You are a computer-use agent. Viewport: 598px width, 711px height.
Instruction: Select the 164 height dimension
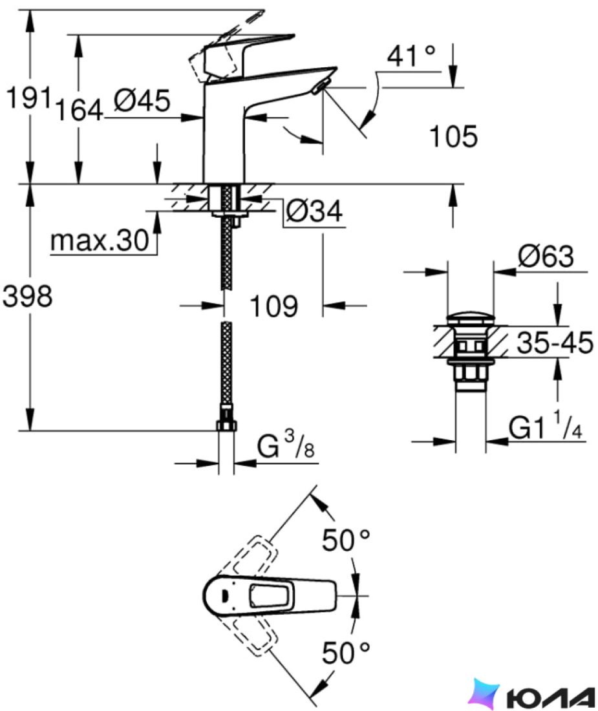pyautogui.click(x=79, y=110)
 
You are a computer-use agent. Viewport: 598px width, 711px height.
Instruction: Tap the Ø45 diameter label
pyautogui.click(x=142, y=101)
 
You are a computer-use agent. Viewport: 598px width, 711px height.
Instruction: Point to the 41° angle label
pyautogui.click(x=411, y=56)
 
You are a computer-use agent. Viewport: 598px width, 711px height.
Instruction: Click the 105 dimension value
pyautogui.click(x=453, y=136)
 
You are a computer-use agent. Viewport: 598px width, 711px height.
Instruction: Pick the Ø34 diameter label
pyautogui.click(x=314, y=211)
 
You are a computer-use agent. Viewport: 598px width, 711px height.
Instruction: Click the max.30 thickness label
pyautogui.click(x=100, y=241)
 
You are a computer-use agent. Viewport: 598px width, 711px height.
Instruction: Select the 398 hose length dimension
pyautogui.click(x=28, y=297)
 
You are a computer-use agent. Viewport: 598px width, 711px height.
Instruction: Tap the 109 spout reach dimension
pyautogui.click(x=274, y=306)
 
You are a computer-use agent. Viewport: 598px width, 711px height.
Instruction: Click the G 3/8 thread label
pyautogui.click(x=286, y=445)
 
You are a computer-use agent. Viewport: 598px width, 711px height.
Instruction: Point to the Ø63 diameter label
pyautogui.click(x=546, y=256)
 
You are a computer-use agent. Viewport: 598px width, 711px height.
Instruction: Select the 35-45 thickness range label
pyautogui.click(x=555, y=343)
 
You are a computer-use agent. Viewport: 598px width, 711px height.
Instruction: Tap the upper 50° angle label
pyautogui.click(x=346, y=540)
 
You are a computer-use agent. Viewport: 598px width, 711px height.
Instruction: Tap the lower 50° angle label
pyautogui.click(x=346, y=653)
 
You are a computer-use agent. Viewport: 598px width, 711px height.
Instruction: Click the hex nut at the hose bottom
pyautogui.click(x=226, y=425)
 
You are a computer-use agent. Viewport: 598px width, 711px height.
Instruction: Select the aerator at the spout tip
pyautogui.click(x=319, y=86)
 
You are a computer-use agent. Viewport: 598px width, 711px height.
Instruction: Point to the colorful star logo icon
pyautogui.click(x=484, y=694)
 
